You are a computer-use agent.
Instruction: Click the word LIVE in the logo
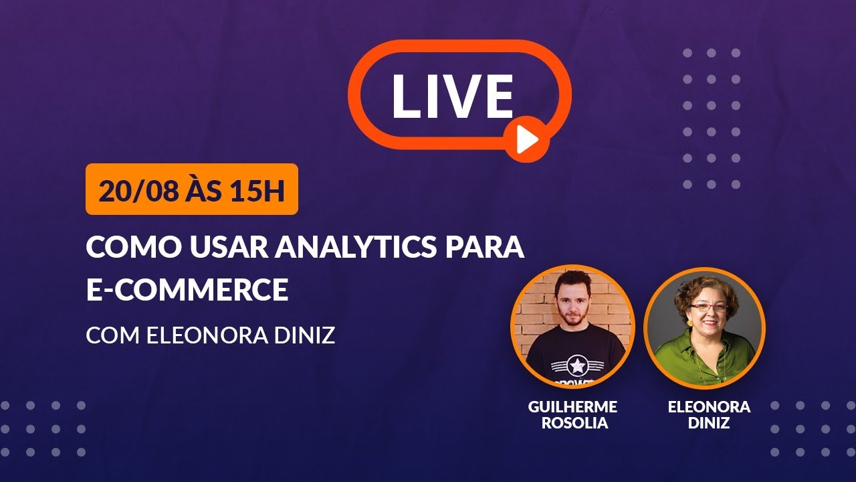pos(453,96)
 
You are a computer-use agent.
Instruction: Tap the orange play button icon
pos(527,139)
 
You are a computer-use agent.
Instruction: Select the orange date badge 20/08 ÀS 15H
pos(191,189)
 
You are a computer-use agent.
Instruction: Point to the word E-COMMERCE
pos(187,289)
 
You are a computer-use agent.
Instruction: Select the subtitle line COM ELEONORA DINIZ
pos(210,335)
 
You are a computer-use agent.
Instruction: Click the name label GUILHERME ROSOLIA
pos(572,414)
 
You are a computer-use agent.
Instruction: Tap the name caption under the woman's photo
pos(709,414)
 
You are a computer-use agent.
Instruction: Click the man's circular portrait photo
pos(572,327)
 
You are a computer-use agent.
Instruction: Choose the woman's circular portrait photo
pos(704,327)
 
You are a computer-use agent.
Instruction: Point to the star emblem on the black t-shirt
pos(575,366)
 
